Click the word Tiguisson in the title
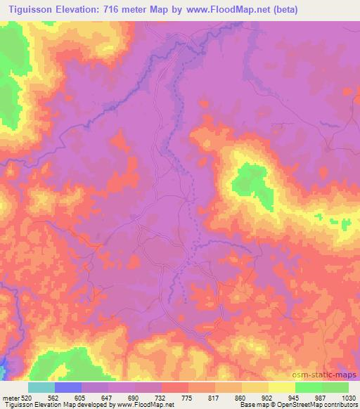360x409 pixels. pos(28,10)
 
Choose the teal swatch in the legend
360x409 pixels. pos(41,387)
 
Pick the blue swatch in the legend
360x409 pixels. pos(68,387)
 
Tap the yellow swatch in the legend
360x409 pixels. pos(282,387)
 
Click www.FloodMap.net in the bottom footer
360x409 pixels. pos(148,405)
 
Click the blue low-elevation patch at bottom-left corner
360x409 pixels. pos(4,366)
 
